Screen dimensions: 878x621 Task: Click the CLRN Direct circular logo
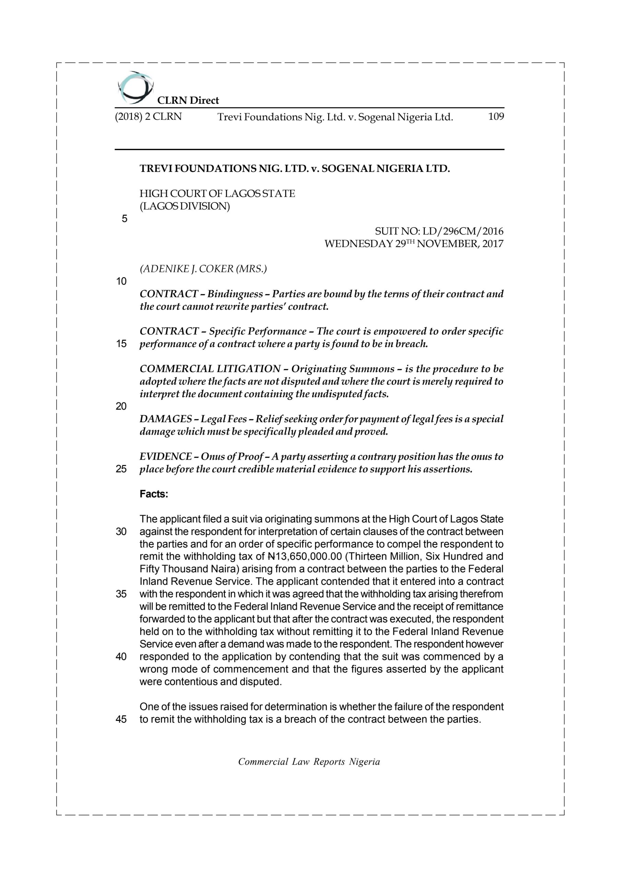click(135, 88)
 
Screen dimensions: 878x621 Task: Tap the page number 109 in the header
click(495, 117)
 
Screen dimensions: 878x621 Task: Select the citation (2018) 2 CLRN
click(148, 117)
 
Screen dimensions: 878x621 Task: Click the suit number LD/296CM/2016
click(463, 232)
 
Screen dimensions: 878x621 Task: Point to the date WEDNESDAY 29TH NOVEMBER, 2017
click(414, 244)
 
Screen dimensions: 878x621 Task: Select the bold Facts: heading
click(154, 494)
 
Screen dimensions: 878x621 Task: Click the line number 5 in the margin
click(124, 219)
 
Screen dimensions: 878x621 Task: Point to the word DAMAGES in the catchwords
click(166, 419)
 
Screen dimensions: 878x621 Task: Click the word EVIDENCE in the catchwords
click(166, 456)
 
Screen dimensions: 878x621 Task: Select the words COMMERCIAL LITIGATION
click(210, 369)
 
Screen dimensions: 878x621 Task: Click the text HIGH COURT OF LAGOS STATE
click(217, 194)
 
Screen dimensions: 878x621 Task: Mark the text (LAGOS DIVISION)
click(185, 206)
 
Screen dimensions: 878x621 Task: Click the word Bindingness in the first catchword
click(235, 294)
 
